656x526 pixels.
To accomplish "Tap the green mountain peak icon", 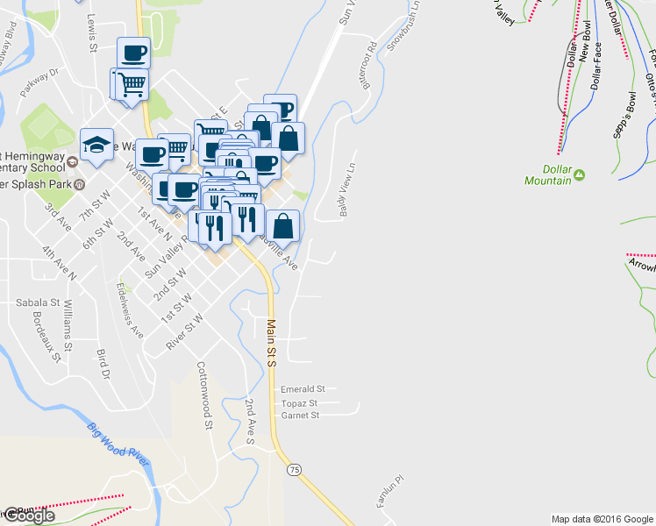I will click(580, 179).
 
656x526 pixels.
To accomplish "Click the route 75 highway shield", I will click(294, 470).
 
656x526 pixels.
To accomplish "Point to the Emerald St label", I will click(303, 388).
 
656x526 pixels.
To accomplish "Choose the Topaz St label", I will click(299, 402).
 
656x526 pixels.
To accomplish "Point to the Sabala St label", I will click(37, 302).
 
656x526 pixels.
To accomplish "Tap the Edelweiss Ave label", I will click(130, 309).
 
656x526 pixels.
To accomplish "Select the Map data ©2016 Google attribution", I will click(603, 518).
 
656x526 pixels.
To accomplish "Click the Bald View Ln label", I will click(346, 189).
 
